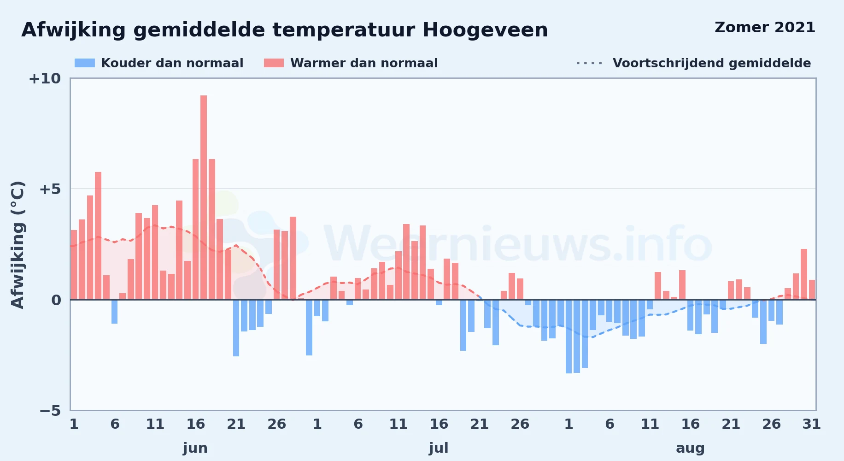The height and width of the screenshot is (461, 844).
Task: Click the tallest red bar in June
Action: [x=204, y=197]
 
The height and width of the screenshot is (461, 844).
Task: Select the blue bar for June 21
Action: [x=236, y=328]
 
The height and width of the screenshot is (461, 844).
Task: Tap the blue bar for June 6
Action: [x=114, y=312]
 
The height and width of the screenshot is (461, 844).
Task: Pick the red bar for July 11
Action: [x=398, y=275]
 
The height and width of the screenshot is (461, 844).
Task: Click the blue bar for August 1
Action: [x=569, y=337]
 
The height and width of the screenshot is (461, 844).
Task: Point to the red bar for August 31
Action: [x=812, y=290]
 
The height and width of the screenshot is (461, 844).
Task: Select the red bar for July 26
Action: [x=520, y=289]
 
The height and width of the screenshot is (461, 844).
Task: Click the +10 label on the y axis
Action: [x=45, y=78]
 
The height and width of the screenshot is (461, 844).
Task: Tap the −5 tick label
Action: [x=50, y=410]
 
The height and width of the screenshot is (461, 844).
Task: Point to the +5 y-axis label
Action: [x=50, y=189]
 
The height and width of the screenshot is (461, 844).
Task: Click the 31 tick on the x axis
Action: [x=812, y=424]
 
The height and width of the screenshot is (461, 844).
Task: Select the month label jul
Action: [x=439, y=448]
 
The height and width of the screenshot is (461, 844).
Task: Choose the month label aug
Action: [x=690, y=448]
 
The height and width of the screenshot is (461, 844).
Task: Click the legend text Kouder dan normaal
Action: [x=172, y=63]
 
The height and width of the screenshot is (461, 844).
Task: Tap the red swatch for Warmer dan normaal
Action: [x=274, y=63]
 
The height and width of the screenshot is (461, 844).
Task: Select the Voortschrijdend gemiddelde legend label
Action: [x=712, y=63]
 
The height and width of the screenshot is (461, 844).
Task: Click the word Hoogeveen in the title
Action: [x=485, y=30]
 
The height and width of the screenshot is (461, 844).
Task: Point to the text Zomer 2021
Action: [x=765, y=27]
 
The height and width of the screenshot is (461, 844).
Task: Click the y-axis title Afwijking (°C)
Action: [x=18, y=245]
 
